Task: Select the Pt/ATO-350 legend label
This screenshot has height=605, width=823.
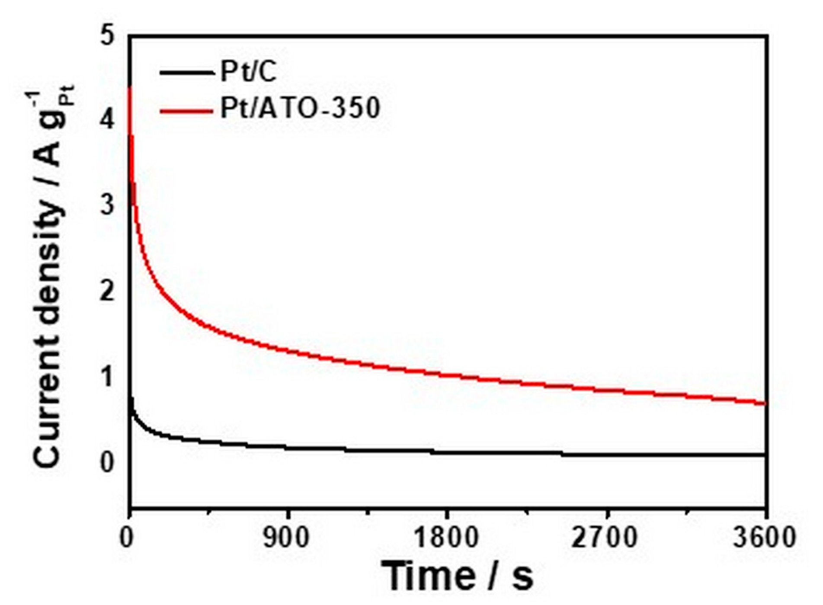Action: click(300, 108)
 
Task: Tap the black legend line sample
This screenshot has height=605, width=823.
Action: click(187, 72)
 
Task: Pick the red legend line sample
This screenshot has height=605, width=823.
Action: click(187, 111)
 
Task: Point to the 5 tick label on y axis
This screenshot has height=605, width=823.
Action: click(107, 35)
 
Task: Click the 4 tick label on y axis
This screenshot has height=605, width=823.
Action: click(107, 119)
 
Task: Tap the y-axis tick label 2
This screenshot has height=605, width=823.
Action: click(107, 291)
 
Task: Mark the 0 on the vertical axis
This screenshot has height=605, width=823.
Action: click(107, 462)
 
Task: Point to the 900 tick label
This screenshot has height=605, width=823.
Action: click(287, 538)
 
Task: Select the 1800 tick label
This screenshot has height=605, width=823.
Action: click(447, 538)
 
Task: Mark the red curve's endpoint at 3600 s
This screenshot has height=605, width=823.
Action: click(765, 404)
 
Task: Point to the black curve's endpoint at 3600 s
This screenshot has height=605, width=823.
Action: click(765, 455)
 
